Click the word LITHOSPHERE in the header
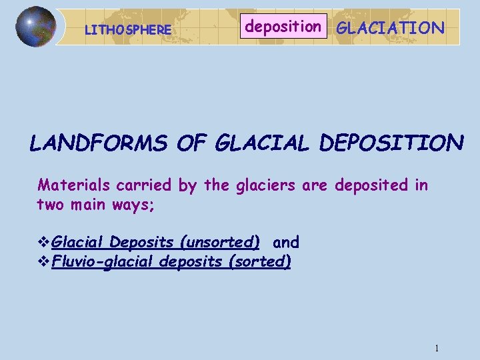coord(129,30)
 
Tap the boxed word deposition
coord(283,27)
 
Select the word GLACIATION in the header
coord(390,27)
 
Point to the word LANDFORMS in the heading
coord(99,143)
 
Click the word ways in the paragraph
coord(136,203)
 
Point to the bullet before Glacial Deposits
coord(44,241)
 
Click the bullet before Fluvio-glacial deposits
coord(44,261)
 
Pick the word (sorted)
coord(259,261)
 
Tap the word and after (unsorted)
coord(286,242)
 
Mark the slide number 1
coord(436,348)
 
